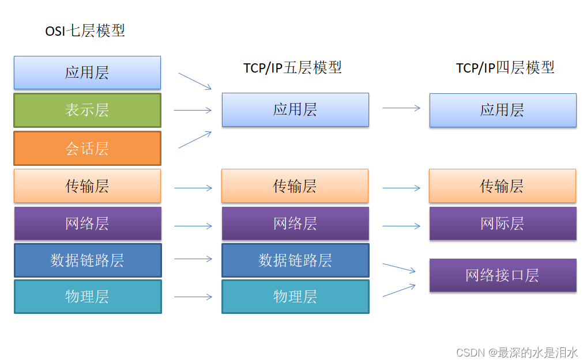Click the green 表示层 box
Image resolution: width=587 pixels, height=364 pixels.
coord(87,110)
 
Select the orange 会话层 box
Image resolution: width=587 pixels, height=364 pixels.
coord(87,149)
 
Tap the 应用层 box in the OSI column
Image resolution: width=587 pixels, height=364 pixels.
coord(87,73)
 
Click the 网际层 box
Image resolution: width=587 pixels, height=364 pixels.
coord(502,223)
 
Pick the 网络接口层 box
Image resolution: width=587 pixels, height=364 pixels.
coord(502,275)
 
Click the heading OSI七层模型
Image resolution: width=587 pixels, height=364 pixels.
coord(85,31)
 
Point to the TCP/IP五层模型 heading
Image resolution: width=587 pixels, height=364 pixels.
coord(292,67)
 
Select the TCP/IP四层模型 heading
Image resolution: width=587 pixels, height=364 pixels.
coord(505,67)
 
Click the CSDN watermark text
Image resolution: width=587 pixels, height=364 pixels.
coord(517,352)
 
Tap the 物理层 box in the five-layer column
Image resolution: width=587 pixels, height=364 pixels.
coord(295,297)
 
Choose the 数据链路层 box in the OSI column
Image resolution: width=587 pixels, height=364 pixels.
coord(87,260)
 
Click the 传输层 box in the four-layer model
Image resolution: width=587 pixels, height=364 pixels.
coord(502,186)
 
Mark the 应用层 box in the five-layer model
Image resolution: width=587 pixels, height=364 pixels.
coord(295,110)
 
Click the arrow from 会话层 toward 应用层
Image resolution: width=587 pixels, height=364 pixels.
coord(195,139)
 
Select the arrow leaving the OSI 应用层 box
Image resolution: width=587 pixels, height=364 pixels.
coord(195,81)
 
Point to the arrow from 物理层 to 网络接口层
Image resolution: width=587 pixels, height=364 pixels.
coord(399,290)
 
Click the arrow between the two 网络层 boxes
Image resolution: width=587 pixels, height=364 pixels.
coord(193,226)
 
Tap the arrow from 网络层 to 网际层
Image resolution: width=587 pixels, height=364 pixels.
coord(401,226)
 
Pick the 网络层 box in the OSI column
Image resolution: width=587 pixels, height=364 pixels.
coord(87,223)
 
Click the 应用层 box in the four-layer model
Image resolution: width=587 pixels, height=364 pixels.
coord(502,110)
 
